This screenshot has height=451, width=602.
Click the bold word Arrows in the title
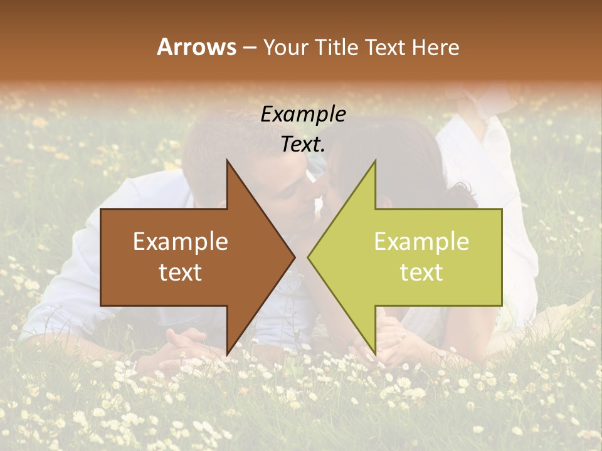click(x=196, y=47)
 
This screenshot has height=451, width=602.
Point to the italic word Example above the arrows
click(x=303, y=114)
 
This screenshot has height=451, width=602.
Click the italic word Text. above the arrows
click(x=303, y=144)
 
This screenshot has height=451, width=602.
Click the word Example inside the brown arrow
click(x=181, y=242)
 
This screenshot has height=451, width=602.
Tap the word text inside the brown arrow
click(x=181, y=272)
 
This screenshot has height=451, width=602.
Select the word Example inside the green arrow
click(x=421, y=242)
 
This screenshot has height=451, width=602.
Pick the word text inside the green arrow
click(x=421, y=272)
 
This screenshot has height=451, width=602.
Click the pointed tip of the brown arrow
click(x=295, y=257)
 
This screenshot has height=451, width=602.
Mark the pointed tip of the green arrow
click(x=307, y=257)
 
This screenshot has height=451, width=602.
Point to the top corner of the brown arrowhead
click(x=227, y=160)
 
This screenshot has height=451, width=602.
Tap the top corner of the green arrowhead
click(x=375, y=160)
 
